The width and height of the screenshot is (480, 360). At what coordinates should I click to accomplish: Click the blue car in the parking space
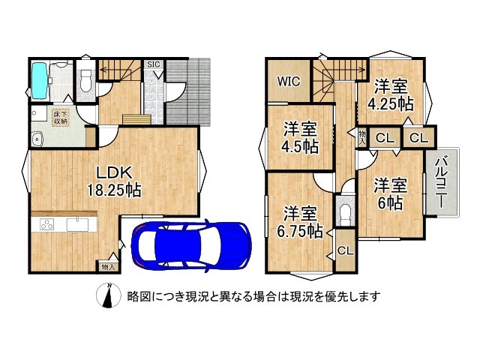pyautogui.click(x=190, y=244)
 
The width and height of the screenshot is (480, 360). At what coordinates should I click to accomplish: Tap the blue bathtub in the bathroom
pyautogui.click(x=40, y=79)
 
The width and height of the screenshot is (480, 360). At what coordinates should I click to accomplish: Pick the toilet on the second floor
pyautogui.click(x=344, y=212)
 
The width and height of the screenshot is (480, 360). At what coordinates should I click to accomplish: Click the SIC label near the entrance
pyautogui.click(x=153, y=64)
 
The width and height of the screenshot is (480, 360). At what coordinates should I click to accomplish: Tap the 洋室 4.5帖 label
pyautogui.click(x=299, y=136)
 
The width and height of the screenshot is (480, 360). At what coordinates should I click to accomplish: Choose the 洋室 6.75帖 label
pyautogui.click(x=298, y=220)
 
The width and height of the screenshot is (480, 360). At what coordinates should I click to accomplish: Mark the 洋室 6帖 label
pyautogui.click(x=391, y=193)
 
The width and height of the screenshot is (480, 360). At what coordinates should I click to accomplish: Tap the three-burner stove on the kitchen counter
pyautogui.click(x=43, y=225)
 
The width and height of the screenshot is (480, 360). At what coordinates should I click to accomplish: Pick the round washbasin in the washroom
pyautogui.click(x=36, y=138)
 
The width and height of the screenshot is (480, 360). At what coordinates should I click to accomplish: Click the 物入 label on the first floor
pyautogui.click(x=107, y=266)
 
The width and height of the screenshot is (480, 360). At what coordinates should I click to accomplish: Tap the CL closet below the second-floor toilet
pyautogui.click(x=346, y=250)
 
